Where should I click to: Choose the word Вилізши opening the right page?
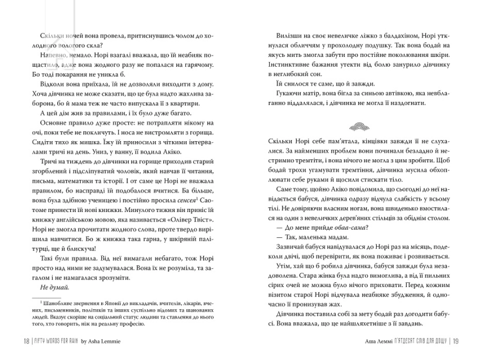pyautogui.click(x=283, y=35)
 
